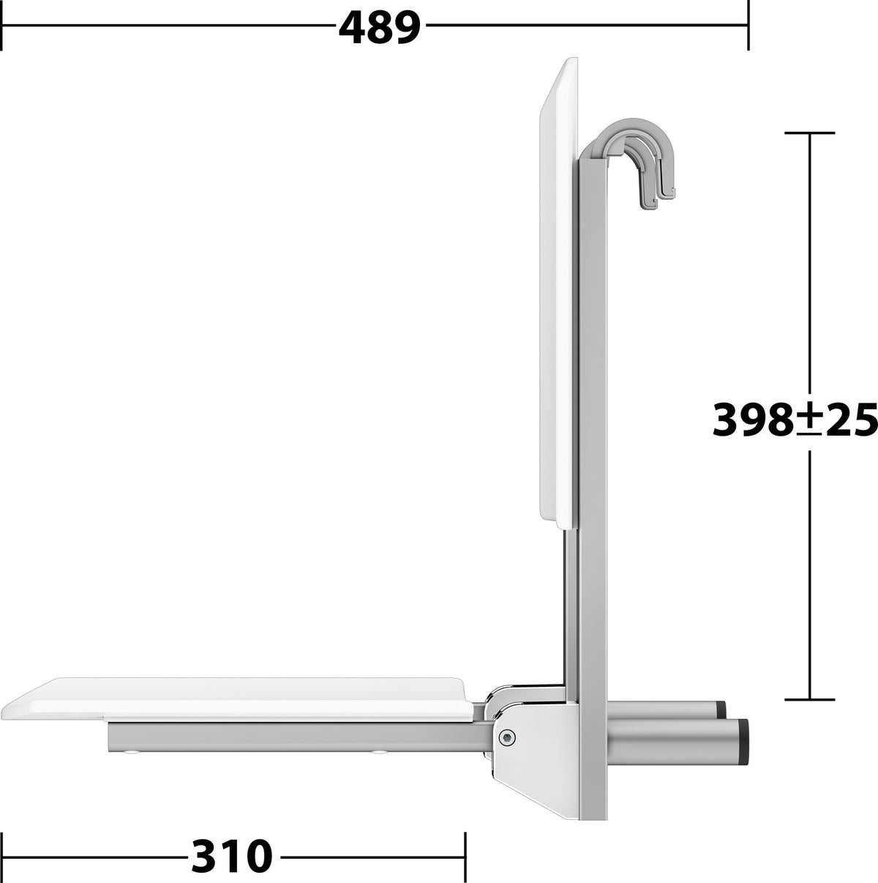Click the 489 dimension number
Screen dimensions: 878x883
pos(379,27)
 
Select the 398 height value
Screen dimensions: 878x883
pos(752,420)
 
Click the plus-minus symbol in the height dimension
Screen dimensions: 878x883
pos(808,419)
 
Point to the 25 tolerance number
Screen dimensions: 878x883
pos(849,420)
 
